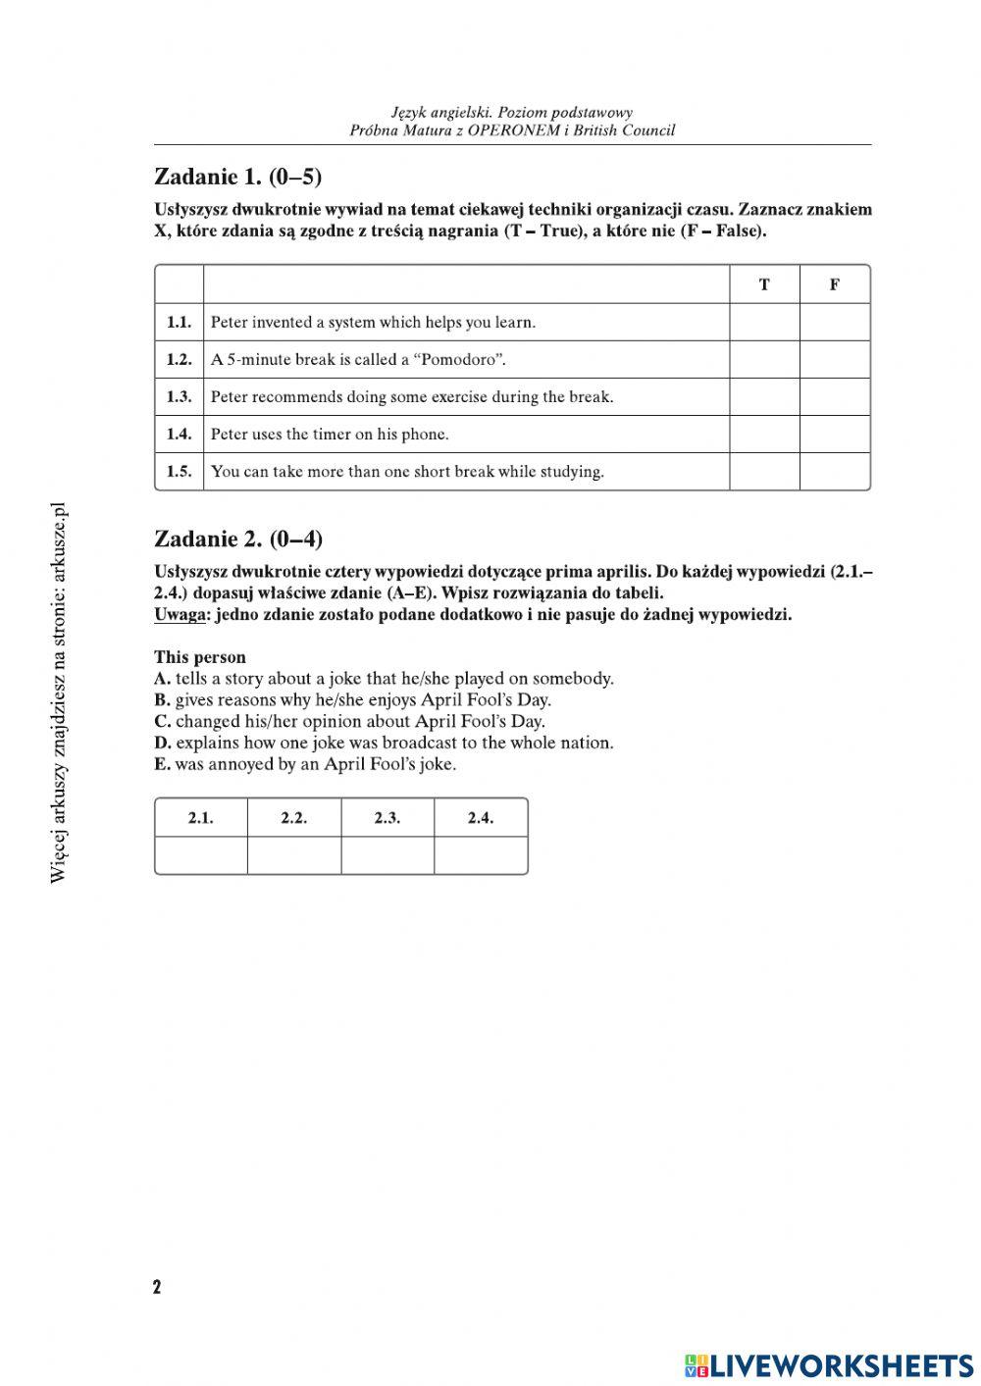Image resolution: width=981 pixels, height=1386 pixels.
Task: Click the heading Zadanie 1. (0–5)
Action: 238,177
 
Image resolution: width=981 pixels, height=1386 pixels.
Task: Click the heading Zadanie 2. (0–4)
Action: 238,539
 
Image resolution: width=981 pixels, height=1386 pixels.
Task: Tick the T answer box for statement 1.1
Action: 764,322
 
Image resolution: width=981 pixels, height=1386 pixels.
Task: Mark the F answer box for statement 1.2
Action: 835,359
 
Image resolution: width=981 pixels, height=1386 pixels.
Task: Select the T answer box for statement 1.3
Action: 764,396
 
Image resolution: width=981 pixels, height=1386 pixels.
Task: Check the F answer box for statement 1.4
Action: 835,434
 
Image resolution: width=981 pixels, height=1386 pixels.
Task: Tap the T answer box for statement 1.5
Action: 764,471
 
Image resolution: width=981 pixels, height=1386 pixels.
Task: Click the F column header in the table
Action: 835,284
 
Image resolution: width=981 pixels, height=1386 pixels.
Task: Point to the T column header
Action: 764,284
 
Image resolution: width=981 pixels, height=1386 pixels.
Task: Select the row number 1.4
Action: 179,434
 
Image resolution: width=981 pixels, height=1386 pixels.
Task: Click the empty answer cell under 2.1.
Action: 201,854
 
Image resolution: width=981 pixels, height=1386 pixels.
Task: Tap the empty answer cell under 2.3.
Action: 387,854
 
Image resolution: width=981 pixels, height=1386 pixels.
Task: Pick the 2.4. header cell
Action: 481,817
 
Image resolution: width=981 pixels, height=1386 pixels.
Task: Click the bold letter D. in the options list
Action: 163,743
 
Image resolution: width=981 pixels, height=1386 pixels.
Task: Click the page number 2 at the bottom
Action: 157,1287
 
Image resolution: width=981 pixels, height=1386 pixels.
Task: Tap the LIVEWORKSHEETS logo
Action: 829,1364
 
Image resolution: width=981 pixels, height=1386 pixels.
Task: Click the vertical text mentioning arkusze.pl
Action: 58,692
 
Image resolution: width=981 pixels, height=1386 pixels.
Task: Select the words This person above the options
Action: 200,657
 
